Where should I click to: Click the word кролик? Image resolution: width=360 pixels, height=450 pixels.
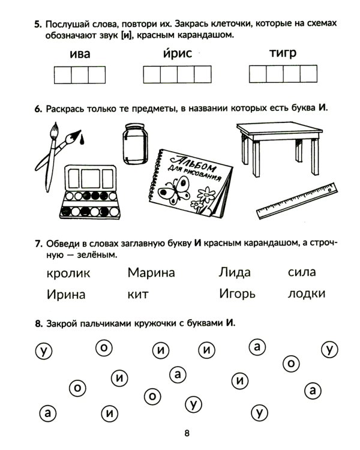click(68, 274)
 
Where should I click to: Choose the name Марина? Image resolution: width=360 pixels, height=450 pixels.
click(151, 273)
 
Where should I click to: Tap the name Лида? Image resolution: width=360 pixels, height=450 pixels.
click(235, 273)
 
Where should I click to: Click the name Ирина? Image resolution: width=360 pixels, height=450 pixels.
click(65, 295)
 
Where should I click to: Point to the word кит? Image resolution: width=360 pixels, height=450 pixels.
click(138, 295)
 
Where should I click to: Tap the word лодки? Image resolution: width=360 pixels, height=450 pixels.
click(307, 294)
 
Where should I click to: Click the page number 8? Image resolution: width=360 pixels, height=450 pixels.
click(187, 434)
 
